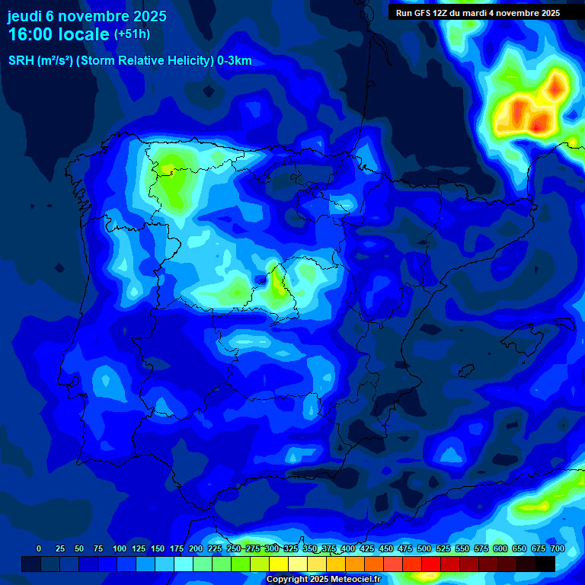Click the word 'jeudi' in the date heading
pos(24,16)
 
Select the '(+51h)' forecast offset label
pos(132,34)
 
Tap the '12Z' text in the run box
pos(442,13)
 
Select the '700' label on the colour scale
pos(557,548)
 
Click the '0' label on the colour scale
pos(39,548)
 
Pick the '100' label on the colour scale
pos(120,548)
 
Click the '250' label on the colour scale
pos(234,548)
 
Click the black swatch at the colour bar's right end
pos(545,564)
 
